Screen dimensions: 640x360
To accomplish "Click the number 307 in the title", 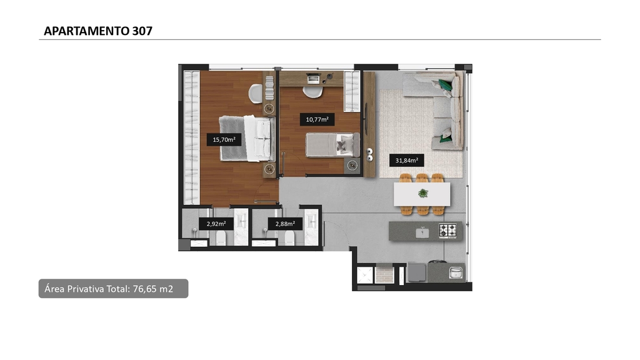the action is tap(142, 31).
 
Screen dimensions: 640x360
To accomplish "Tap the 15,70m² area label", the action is tap(224, 139).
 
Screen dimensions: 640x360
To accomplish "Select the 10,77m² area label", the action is tap(317, 119).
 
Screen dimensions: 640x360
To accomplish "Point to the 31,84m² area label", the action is tap(406, 161).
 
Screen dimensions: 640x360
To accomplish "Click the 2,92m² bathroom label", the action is tap(216, 224).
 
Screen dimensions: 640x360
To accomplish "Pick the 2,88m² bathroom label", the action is tap(285, 224).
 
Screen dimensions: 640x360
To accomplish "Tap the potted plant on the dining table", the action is tap(423, 193).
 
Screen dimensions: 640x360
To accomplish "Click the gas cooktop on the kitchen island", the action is tap(447, 231).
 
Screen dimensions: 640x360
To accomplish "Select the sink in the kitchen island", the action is tap(422, 232).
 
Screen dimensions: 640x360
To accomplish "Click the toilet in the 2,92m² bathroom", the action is tap(221, 237).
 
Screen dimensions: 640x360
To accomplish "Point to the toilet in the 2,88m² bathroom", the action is tap(289, 237).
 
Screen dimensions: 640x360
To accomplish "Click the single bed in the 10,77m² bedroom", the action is tap(332, 145).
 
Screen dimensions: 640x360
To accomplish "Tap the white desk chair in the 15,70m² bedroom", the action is tap(256, 94).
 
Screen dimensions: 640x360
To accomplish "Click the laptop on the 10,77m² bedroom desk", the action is tap(313, 78).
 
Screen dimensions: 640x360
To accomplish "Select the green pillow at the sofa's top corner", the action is tap(445, 84).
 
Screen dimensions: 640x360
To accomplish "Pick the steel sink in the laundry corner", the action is tap(456, 272).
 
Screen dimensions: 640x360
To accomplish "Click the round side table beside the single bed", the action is tap(352, 165).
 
